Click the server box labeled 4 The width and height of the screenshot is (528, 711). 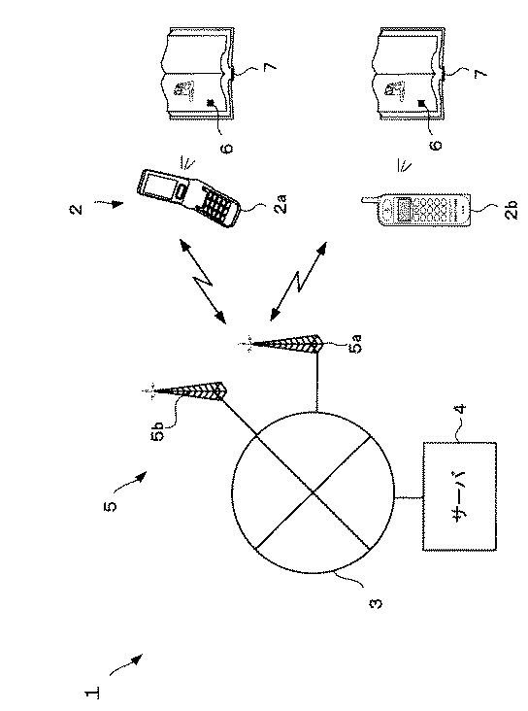(x=459, y=495)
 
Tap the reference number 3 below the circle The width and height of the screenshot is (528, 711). (x=377, y=603)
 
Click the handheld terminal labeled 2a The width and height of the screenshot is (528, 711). (x=189, y=198)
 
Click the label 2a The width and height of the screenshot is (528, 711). (x=281, y=204)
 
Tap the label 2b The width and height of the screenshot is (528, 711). (x=511, y=210)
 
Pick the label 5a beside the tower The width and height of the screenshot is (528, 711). (x=356, y=344)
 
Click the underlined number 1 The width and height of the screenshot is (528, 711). (x=92, y=693)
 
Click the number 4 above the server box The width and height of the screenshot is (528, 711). (x=461, y=409)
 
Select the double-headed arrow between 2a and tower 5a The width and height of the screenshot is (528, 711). (x=203, y=282)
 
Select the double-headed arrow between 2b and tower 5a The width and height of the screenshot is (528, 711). (x=298, y=282)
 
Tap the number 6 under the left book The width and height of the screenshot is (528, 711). (x=228, y=149)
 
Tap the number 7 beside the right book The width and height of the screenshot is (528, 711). (x=480, y=73)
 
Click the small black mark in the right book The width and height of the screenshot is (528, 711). (x=422, y=103)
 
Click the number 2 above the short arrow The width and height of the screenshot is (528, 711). (x=77, y=209)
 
